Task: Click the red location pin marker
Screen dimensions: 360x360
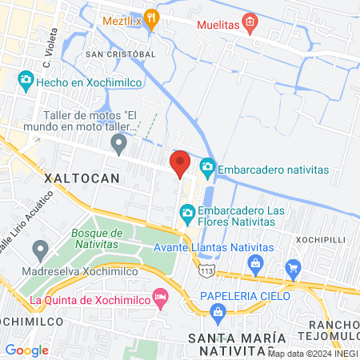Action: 180,164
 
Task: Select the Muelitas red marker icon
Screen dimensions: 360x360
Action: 250,22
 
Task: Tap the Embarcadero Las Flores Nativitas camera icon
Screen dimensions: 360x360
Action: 187,212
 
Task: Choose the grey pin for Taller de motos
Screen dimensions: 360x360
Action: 119,144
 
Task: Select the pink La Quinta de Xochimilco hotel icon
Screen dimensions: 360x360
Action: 160,298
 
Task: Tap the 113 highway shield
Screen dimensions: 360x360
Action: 207,270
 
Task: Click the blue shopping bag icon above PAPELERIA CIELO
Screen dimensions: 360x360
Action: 255,264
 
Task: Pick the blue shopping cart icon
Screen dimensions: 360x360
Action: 294,267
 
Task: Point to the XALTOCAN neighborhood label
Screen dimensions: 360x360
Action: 82,177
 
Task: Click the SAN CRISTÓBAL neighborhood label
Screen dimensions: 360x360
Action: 120,54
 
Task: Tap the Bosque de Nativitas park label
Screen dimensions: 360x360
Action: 96,238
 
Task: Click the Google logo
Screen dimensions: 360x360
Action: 26,350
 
